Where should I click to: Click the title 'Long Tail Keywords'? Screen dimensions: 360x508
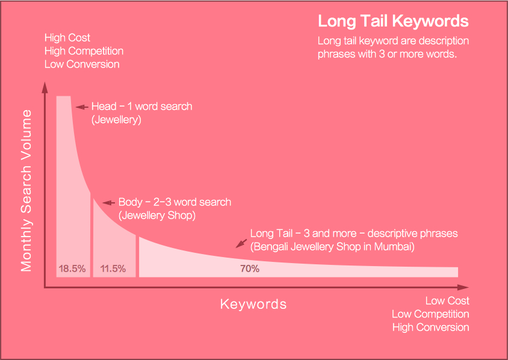pyautogui.click(x=393, y=21)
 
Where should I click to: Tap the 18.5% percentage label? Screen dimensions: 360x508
pyautogui.click(x=72, y=269)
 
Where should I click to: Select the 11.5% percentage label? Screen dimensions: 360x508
pyautogui.click(x=113, y=269)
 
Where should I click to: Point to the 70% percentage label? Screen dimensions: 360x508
pyautogui.click(x=250, y=269)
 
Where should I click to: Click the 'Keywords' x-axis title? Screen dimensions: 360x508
pyautogui.click(x=253, y=304)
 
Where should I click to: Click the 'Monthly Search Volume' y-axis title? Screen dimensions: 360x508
pyautogui.click(x=26, y=191)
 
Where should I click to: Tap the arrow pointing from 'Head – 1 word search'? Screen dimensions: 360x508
pyautogui.click(x=81, y=107)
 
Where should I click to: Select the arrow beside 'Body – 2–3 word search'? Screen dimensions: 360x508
pyautogui.click(x=107, y=203)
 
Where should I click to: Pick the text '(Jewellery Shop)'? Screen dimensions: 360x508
pyautogui.click(x=156, y=215)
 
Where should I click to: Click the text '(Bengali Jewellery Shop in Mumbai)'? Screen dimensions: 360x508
pyautogui.click(x=332, y=246)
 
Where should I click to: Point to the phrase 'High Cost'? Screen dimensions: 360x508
pyautogui.click(x=67, y=38)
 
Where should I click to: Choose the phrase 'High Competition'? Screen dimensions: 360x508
pyautogui.click(x=84, y=51)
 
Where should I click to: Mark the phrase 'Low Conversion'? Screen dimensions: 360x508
pyautogui.click(x=82, y=64)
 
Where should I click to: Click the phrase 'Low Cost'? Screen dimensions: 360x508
pyautogui.click(x=447, y=300)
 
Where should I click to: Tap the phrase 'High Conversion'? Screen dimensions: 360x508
pyautogui.click(x=430, y=327)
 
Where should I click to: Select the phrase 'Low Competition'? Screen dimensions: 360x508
pyautogui.click(x=430, y=314)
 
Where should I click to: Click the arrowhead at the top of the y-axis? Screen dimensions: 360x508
pyautogui.click(x=45, y=87)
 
